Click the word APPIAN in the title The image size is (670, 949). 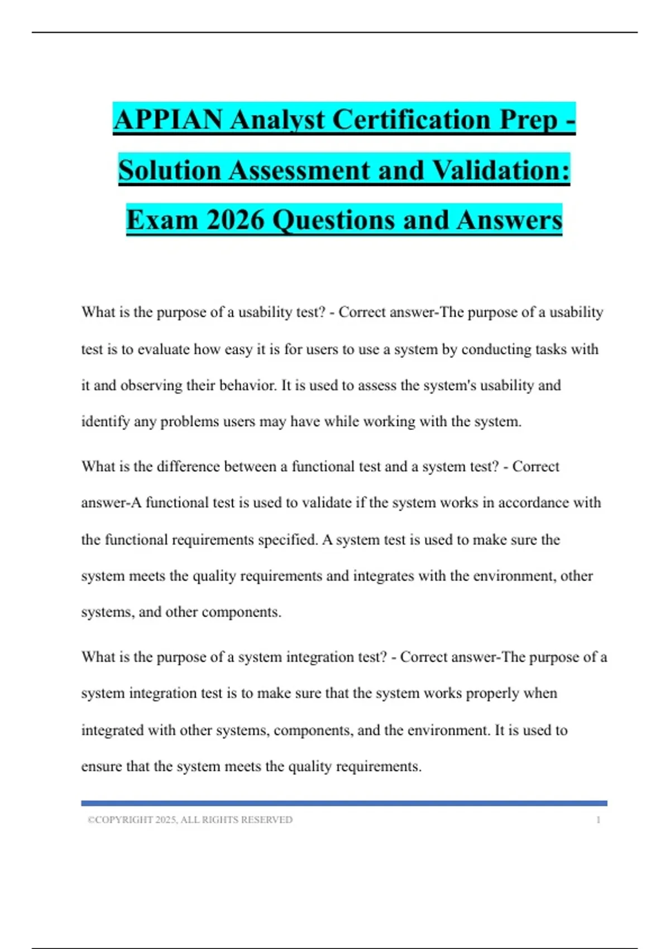[x=168, y=119]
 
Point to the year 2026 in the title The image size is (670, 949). [x=235, y=219]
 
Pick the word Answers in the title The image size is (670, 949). [x=509, y=219]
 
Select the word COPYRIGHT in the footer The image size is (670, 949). [x=123, y=820]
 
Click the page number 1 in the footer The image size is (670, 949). [x=598, y=820]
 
